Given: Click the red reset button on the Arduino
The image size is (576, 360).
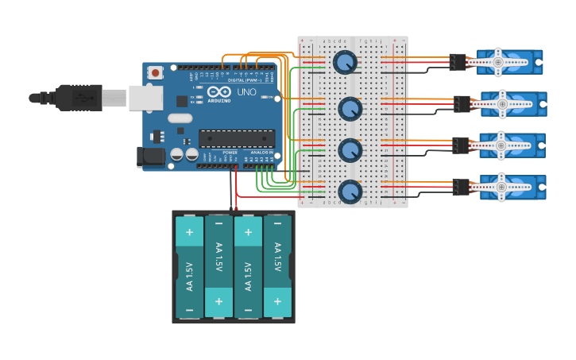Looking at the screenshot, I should pyautogui.click(x=156, y=72).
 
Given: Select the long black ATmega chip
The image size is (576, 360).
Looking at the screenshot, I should pyautogui.click(x=236, y=138).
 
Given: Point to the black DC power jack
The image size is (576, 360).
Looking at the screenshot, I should pyautogui.click(x=150, y=157).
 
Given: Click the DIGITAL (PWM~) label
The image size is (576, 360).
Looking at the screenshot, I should pyautogui.click(x=245, y=81).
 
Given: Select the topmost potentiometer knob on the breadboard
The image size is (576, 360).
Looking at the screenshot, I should pyautogui.click(x=345, y=62).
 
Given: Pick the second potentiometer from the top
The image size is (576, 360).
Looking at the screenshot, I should pyautogui.click(x=350, y=108).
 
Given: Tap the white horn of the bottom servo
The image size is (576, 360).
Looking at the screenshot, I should pyautogui.click(x=500, y=188).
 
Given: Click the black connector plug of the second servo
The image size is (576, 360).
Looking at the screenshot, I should pyautogui.click(x=462, y=103).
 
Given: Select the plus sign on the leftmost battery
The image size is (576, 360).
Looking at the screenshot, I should pyautogui.click(x=189, y=233).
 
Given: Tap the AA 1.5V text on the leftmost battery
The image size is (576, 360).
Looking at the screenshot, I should pyautogui.click(x=189, y=275).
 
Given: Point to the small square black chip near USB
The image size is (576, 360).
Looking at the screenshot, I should pyautogui.click(x=182, y=101).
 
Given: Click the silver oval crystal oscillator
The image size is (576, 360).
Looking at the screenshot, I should pyautogui.click(x=180, y=118).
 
